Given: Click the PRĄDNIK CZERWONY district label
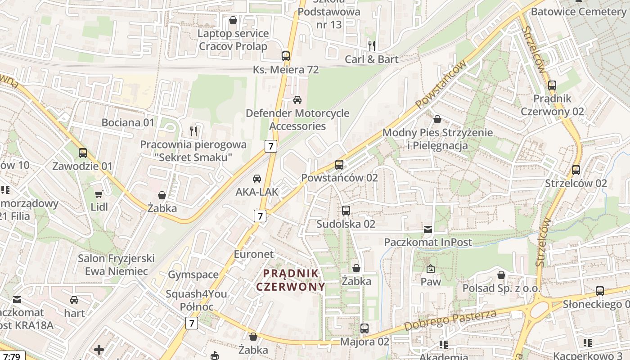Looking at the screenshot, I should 291,280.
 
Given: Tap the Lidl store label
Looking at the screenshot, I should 99,207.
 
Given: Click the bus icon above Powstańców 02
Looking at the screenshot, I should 339,165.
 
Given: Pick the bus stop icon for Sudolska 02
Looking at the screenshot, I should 346,211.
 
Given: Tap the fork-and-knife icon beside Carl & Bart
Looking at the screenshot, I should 372,45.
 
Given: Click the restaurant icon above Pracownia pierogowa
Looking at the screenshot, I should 193,131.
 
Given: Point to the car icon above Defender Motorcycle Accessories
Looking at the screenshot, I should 297,100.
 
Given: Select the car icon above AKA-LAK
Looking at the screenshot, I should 257,179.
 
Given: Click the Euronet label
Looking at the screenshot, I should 254,254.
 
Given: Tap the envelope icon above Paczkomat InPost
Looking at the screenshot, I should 428,229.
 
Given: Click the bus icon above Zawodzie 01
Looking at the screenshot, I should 82,153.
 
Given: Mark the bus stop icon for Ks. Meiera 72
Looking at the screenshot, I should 286,56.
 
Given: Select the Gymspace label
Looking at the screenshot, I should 193,274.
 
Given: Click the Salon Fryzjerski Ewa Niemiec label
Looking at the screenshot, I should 116,265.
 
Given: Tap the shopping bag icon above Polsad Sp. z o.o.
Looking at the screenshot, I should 501,275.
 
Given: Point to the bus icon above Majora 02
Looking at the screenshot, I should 364,328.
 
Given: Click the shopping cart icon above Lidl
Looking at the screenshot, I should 99,194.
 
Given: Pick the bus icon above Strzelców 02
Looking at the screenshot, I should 576,170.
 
